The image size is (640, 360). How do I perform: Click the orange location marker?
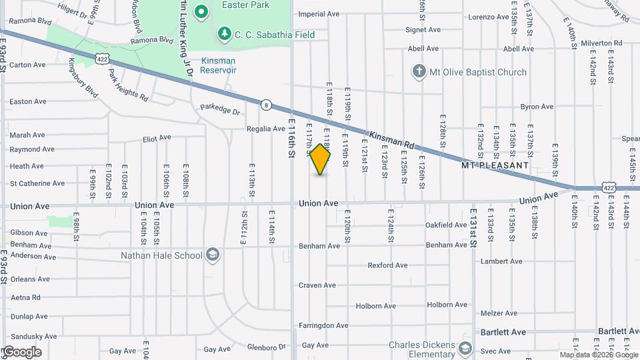321,160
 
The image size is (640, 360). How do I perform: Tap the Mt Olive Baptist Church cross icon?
419,72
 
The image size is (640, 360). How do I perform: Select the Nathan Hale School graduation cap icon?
212,255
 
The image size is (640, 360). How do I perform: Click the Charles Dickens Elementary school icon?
465,349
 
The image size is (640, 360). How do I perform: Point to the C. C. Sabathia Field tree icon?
225,33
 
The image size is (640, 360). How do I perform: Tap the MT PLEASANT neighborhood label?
496,165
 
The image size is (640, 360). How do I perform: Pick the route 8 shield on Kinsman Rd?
266,105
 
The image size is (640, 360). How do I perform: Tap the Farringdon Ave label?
323,326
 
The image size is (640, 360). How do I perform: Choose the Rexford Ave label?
387,265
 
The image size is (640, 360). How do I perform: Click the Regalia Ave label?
266,129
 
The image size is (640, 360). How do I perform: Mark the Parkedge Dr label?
220,108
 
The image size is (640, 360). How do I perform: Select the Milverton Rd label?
601,43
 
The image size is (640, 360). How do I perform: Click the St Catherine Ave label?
37,183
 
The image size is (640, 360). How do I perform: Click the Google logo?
21,351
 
